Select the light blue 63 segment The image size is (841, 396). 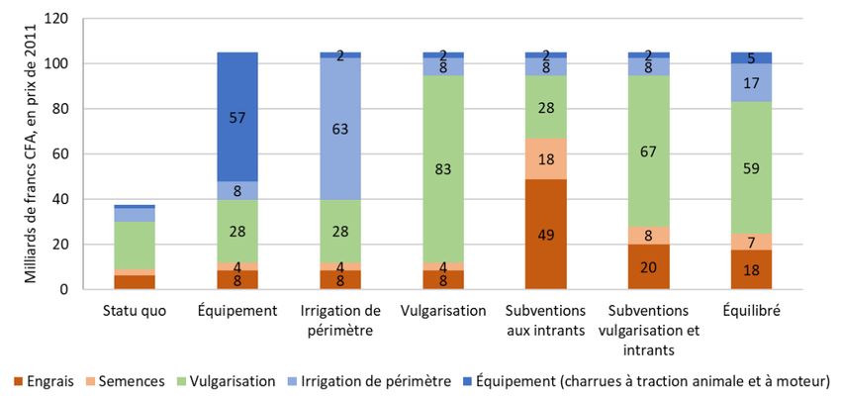[339, 129]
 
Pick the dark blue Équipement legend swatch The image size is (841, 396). [464, 380]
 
